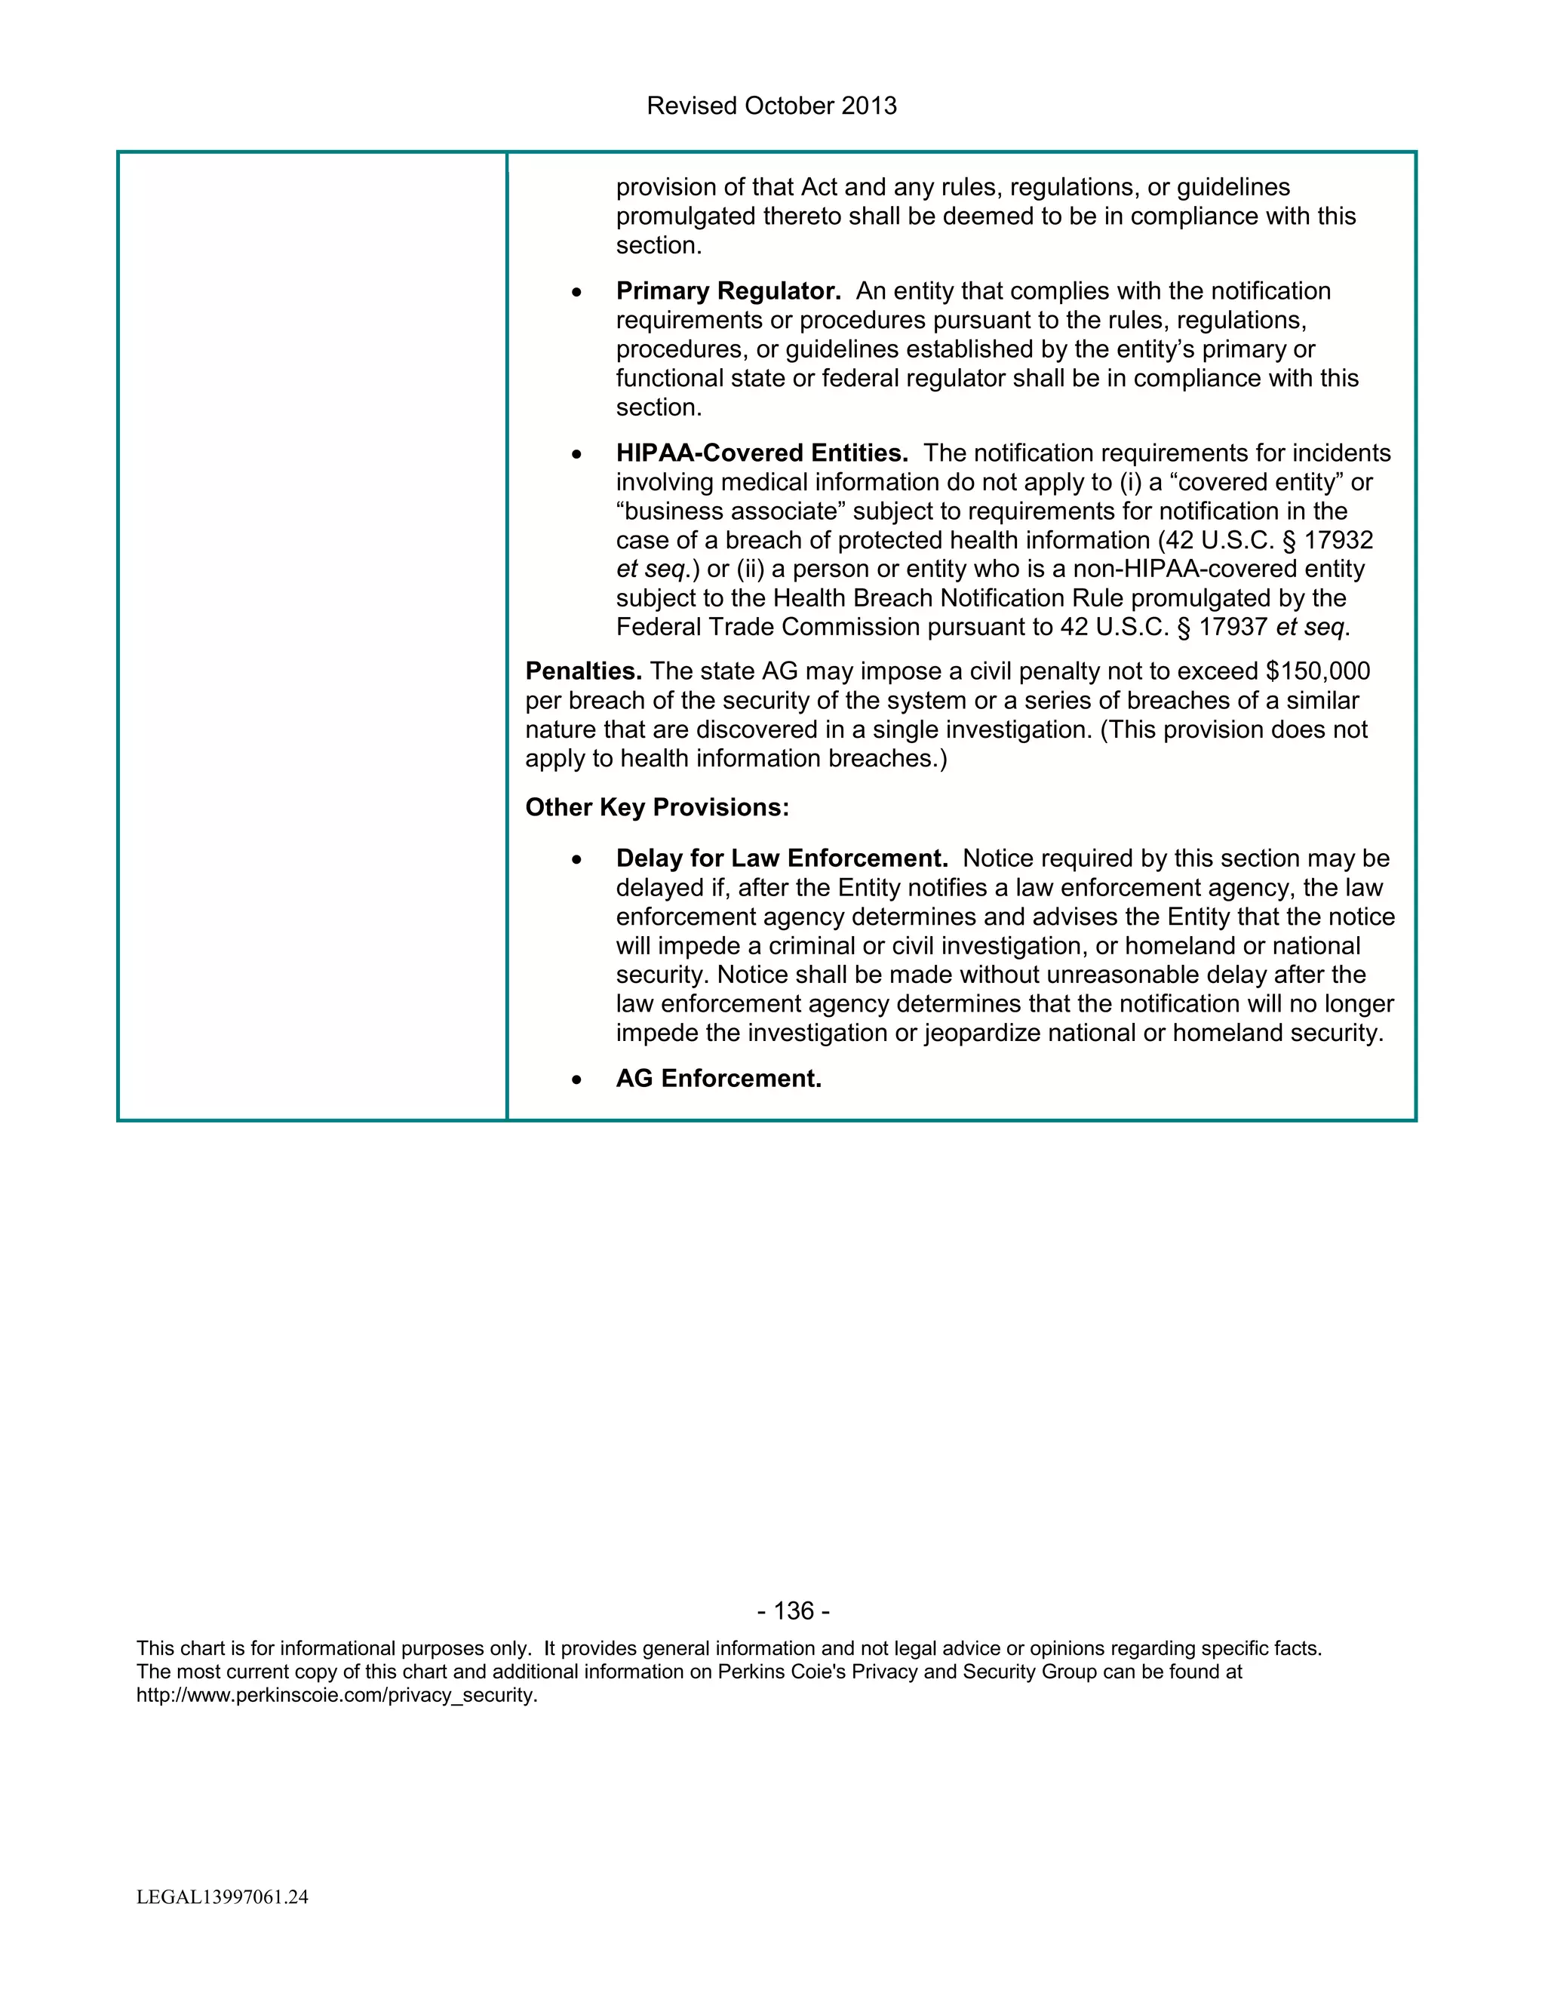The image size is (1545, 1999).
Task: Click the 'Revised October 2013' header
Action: [x=772, y=106]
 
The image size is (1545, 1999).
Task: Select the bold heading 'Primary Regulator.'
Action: [x=728, y=291]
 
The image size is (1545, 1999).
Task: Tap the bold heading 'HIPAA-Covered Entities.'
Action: [x=761, y=453]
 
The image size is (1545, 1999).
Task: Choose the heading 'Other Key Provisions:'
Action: [x=656, y=807]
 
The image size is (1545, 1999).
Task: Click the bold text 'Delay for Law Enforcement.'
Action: [x=782, y=858]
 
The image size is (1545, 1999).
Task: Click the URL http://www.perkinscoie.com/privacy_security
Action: [x=336, y=1694]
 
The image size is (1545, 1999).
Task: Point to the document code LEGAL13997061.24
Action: [x=223, y=1896]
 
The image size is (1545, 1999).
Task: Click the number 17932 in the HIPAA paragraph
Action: [x=1338, y=540]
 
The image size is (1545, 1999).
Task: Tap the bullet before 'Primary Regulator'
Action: [x=576, y=293]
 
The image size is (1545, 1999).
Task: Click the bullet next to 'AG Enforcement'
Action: [x=576, y=1080]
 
